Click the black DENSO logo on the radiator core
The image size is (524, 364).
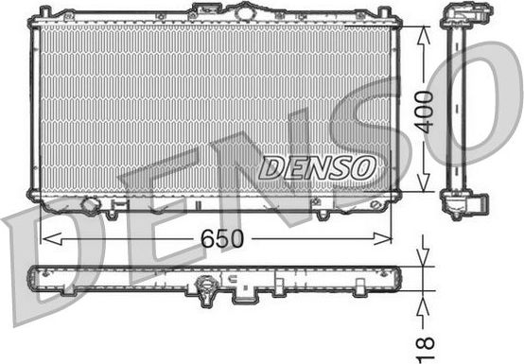316,167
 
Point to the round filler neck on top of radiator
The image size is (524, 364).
245,11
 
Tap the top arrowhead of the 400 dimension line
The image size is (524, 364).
422,31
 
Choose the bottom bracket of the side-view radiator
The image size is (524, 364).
465,202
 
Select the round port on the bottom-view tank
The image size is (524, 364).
207,284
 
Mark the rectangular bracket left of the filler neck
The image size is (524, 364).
204,9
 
